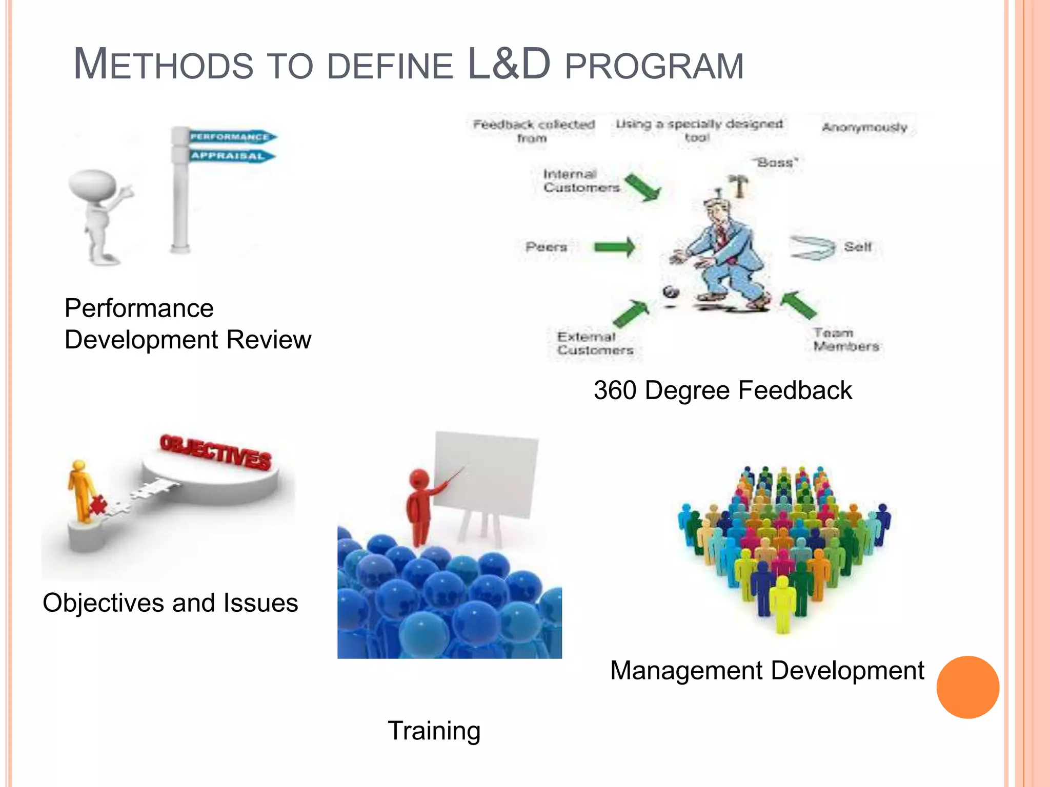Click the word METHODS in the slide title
[163, 65]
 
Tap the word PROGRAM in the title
[654, 67]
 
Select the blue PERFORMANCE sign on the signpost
[231, 137]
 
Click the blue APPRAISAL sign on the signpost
[230, 156]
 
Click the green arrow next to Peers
[614, 247]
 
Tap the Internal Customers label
[581, 181]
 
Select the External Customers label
[595, 343]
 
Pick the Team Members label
[846, 340]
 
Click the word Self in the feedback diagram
[858, 247]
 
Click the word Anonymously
[864, 128]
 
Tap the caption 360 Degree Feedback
[722, 390]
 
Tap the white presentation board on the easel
[484, 474]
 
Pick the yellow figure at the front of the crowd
[782, 605]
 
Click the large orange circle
[967, 687]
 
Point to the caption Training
[434, 731]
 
